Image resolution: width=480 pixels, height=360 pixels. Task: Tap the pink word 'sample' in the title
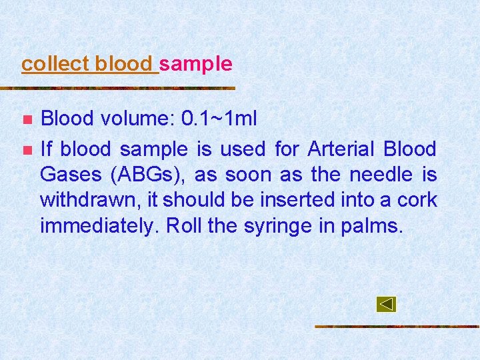pos(196,64)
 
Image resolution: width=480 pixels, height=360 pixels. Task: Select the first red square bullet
pos(27,120)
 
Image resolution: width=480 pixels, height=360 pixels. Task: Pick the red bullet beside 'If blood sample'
pos(27,149)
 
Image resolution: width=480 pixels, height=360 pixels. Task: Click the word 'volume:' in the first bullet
pos(137,119)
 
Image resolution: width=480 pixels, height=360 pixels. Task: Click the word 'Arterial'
pos(338,149)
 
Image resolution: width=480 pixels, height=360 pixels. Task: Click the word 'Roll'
pos(184,226)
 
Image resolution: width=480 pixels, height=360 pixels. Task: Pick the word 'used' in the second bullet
pos(242,149)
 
